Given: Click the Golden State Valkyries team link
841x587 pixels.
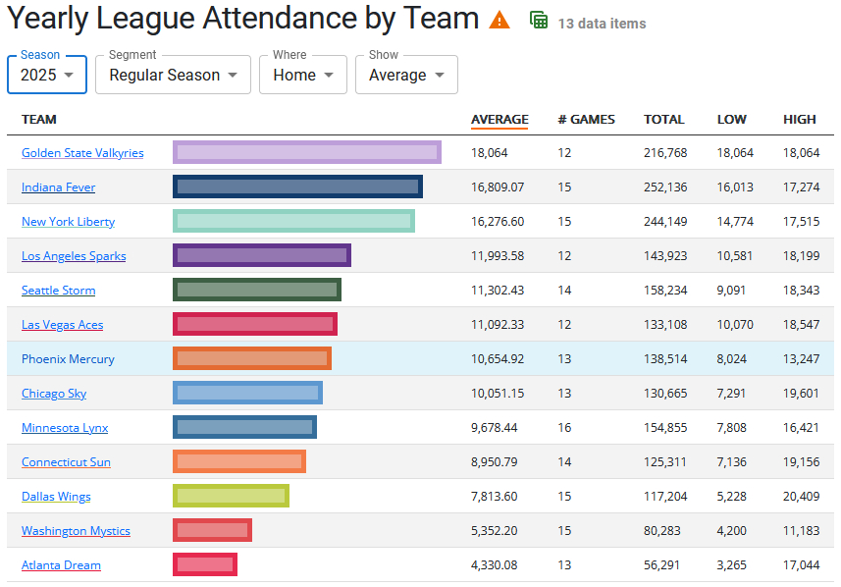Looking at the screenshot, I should tap(82, 153).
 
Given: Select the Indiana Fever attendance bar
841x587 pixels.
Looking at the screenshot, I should tap(297, 187).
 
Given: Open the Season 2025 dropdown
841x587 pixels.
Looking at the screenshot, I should tap(47, 75).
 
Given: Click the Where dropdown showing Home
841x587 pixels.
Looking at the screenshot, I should tap(302, 75).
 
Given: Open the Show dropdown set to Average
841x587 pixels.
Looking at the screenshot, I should tap(406, 75).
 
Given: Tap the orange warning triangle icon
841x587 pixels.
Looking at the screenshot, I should tap(499, 20).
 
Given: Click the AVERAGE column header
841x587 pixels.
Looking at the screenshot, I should tap(499, 120).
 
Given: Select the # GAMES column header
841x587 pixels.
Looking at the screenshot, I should tap(586, 120).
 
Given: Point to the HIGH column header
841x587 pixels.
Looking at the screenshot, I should tap(799, 120).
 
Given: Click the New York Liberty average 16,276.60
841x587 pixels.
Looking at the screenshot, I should tap(498, 222).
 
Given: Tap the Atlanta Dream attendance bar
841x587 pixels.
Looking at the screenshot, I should tap(205, 564).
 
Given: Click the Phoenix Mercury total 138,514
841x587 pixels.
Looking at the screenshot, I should tap(665, 359).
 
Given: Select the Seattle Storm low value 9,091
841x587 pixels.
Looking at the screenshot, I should tap(731, 291).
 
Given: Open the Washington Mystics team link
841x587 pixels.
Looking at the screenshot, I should tap(76, 531).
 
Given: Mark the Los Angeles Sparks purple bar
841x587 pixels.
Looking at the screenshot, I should tap(262, 256).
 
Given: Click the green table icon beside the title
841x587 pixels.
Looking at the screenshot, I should tap(539, 20).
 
